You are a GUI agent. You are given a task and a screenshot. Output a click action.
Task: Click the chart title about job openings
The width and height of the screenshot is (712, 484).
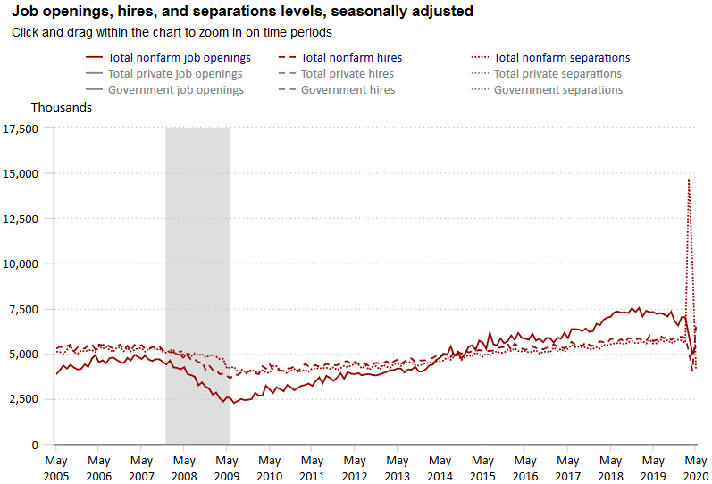[x=241, y=12]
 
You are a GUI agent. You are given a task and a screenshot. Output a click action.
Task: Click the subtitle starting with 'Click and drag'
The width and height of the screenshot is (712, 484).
[x=172, y=32]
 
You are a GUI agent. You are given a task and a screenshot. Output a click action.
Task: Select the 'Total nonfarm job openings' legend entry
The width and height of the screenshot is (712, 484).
[x=179, y=58]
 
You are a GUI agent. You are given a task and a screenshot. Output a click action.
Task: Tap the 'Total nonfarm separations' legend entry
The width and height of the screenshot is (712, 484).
[x=561, y=58]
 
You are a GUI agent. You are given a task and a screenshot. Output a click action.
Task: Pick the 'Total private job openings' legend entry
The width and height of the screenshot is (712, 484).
[x=175, y=74]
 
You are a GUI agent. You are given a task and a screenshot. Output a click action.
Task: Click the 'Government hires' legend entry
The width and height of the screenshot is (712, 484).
[x=348, y=90]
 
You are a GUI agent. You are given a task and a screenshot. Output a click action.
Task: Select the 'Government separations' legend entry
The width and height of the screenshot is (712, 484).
[x=558, y=90]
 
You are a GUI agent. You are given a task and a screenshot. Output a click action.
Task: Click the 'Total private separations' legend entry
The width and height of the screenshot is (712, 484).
[x=557, y=74]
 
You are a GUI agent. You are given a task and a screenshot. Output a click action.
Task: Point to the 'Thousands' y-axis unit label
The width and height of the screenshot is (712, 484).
[x=62, y=107]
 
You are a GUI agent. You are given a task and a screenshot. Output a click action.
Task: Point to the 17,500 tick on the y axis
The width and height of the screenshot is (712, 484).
[x=21, y=129]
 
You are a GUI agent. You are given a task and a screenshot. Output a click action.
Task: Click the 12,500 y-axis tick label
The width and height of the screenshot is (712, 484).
[x=21, y=219]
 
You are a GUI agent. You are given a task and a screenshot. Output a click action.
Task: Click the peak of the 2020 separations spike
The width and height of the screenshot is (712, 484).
[x=688, y=180]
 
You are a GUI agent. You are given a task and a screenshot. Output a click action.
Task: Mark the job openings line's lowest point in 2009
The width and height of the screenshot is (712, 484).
[x=233, y=403]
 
